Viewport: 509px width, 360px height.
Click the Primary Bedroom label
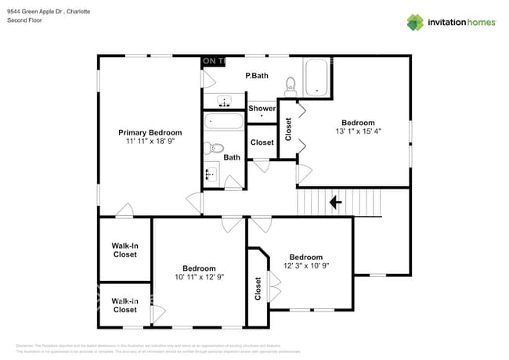150,132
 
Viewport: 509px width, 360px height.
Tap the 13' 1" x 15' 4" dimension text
358,132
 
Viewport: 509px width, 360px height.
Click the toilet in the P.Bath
290,84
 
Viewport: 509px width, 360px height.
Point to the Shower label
262,108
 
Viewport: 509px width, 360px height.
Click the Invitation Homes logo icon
414,22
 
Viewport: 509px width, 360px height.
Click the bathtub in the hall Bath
224,122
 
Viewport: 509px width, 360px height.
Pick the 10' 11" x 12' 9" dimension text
199,277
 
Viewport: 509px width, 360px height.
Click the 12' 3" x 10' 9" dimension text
305,266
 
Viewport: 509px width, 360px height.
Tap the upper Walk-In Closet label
125,250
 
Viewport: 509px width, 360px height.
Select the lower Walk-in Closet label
125,305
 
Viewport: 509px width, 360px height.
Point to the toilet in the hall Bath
215,148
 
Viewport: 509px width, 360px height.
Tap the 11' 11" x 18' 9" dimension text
150,142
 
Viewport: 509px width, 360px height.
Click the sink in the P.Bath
225,102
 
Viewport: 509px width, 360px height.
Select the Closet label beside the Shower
262,142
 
